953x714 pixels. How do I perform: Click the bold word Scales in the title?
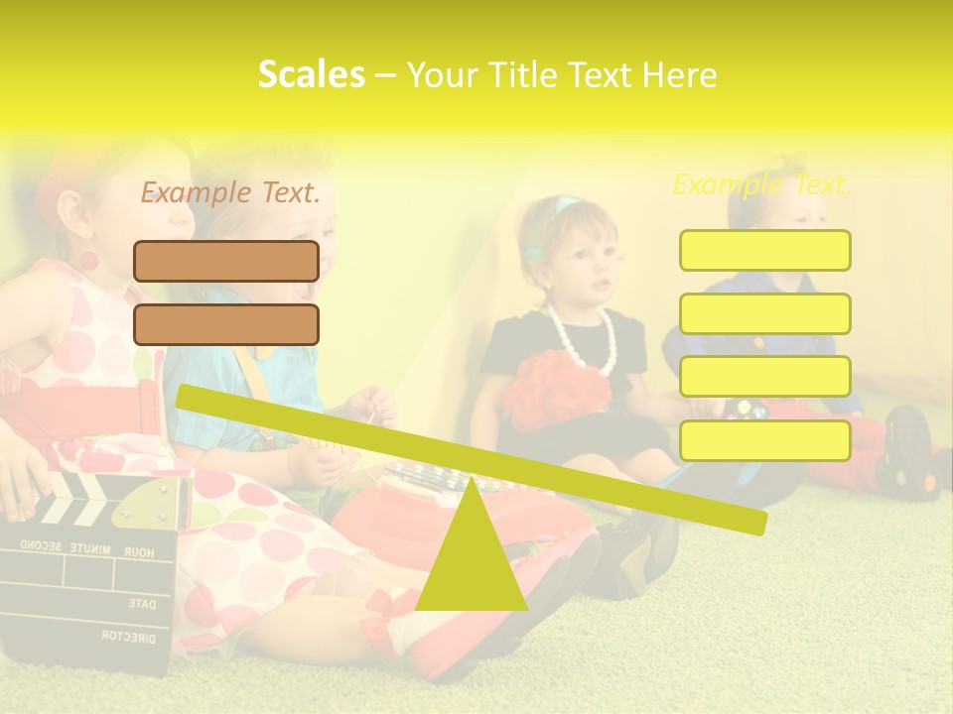point(311,74)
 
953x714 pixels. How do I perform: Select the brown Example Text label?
point(230,192)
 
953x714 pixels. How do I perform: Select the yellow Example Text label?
point(761,184)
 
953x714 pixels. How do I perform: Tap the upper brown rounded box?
point(226,261)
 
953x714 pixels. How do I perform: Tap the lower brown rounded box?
point(226,324)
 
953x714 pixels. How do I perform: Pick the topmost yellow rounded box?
point(764,250)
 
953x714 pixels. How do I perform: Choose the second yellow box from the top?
point(764,313)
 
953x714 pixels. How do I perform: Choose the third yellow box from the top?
point(764,376)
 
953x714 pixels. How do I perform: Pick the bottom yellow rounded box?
point(764,440)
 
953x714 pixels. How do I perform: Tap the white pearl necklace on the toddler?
point(587,337)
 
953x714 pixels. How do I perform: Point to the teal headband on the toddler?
point(565,206)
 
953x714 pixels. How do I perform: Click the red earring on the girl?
point(88,261)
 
